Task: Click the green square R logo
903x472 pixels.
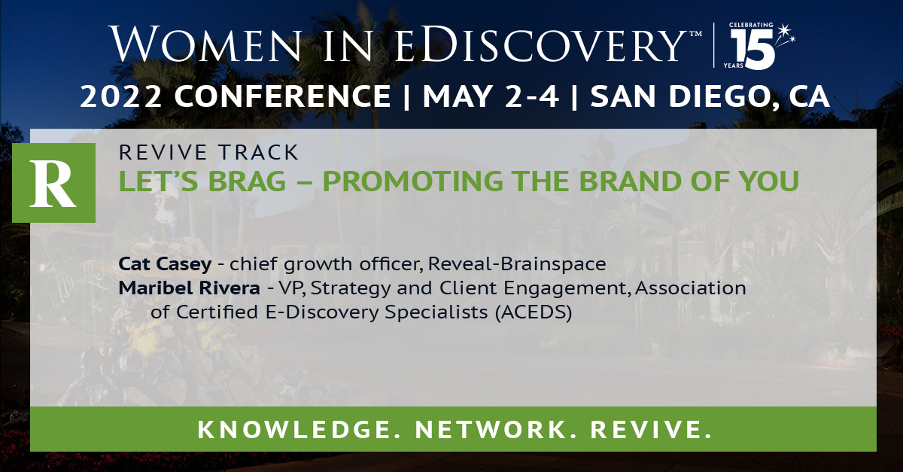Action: pyautogui.click(x=62, y=183)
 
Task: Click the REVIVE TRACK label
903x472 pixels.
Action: pyautogui.click(x=208, y=153)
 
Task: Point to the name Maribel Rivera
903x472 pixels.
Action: pyautogui.click(x=171, y=288)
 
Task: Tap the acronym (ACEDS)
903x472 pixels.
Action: pyautogui.click(x=534, y=313)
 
